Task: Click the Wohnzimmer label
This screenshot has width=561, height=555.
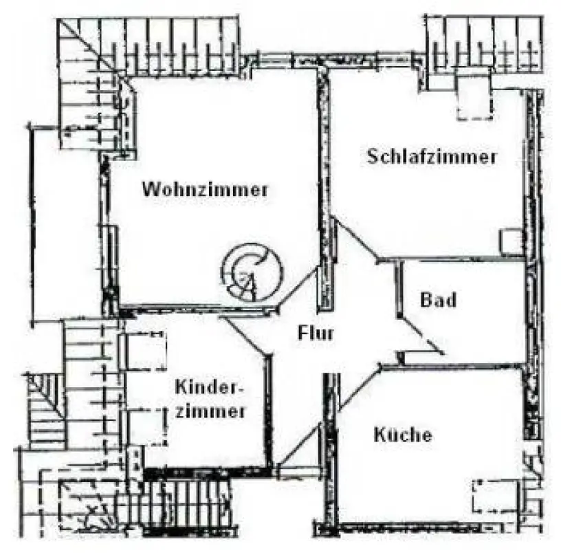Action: (204, 190)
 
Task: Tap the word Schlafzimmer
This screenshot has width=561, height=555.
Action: (432, 157)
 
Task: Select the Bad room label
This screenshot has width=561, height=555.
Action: (439, 301)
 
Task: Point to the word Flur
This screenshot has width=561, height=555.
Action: (316, 334)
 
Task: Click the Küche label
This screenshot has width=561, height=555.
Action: (403, 435)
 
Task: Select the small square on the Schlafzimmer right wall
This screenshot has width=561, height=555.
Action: (510, 241)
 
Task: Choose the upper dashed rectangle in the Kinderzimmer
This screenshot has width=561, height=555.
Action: (146, 349)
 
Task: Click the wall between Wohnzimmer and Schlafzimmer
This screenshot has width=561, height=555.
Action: (320, 172)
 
